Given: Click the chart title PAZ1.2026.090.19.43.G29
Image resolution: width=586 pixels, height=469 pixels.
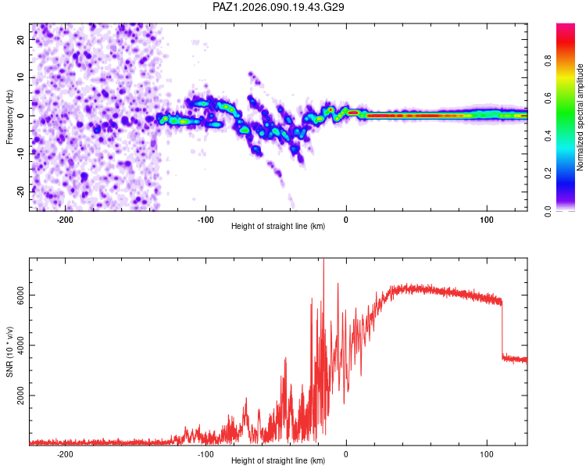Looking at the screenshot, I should pyautogui.click(x=279, y=7).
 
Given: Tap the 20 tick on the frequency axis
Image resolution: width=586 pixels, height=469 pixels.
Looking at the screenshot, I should pyautogui.click(x=20, y=39).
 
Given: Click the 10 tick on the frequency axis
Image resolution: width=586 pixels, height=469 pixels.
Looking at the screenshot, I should pyautogui.click(x=20, y=77).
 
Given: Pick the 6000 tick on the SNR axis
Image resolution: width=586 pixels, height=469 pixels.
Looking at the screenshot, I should pyautogui.click(x=16, y=295).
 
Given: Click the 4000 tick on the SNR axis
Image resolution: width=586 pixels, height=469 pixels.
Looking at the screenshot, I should pyautogui.click(x=16, y=345).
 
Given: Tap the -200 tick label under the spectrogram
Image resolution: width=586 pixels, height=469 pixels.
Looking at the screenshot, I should pyautogui.click(x=65, y=219).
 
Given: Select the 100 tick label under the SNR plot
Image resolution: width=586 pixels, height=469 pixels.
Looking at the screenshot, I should pyautogui.click(x=487, y=453).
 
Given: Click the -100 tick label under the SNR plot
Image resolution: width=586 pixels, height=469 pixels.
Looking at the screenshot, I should pyautogui.click(x=205, y=453).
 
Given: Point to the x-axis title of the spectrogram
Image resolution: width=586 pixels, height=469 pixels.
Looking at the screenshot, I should pyautogui.click(x=278, y=227).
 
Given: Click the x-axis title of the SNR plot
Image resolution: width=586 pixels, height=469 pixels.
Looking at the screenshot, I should pyautogui.click(x=278, y=461).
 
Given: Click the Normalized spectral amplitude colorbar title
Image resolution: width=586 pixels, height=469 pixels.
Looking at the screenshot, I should pyautogui.click(x=580, y=117).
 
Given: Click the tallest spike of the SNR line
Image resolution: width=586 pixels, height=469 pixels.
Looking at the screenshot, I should pyautogui.click(x=323, y=262).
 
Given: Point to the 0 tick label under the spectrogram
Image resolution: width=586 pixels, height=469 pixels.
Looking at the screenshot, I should pyautogui.click(x=346, y=219).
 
